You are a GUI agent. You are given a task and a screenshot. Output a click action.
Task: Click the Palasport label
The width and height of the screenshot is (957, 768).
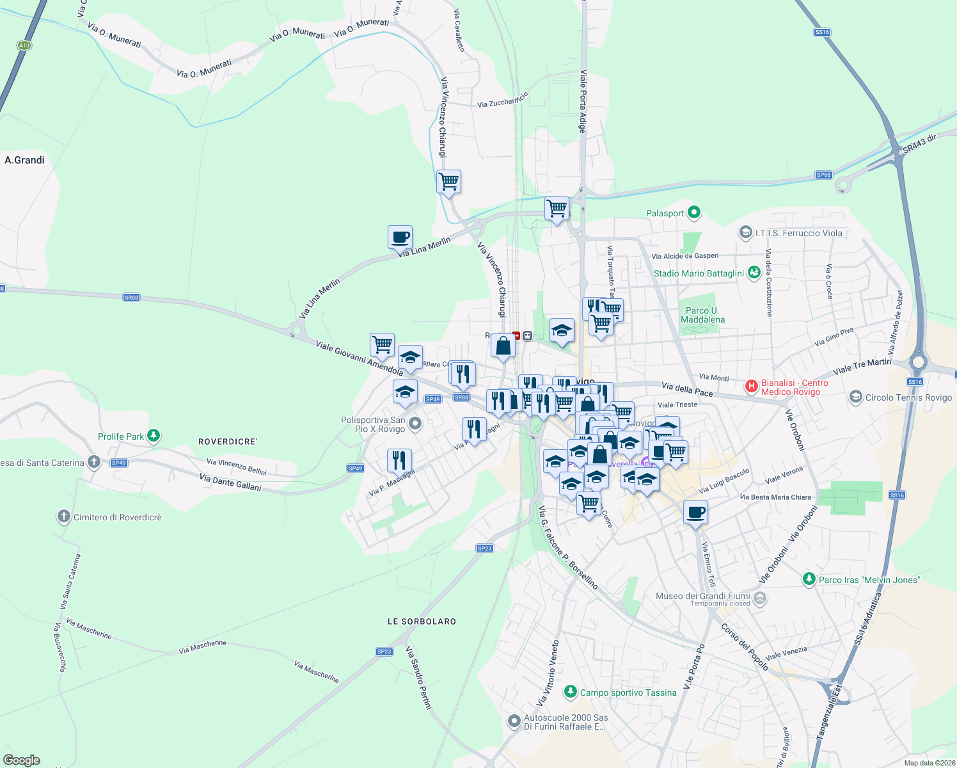click(x=665, y=213)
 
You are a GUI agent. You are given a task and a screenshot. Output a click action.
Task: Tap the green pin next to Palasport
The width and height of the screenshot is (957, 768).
click(x=695, y=212)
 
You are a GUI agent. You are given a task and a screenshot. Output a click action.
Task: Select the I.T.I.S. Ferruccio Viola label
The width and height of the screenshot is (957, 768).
click(x=798, y=233)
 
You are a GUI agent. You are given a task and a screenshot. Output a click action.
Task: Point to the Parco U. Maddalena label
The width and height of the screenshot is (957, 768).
click(x=702, y=315)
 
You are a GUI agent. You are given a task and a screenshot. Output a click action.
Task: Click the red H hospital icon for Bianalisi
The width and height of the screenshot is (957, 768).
click(x=752, y=386)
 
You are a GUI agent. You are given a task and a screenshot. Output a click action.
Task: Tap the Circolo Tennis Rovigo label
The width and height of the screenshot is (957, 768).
click(x=908, y=397)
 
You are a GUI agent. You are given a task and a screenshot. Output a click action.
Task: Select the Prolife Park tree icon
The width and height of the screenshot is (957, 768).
click(x=153, y=436)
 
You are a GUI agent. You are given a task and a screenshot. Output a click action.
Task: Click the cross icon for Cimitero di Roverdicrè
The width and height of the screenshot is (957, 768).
click(x=63, y=516)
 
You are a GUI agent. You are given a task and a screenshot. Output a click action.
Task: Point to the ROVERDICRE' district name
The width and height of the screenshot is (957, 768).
click(x=228, y=442)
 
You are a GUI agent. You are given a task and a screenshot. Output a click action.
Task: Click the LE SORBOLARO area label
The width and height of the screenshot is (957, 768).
click(x=422, y=621)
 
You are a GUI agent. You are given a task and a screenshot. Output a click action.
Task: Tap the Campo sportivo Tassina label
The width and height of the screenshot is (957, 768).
click(x=628, y=692)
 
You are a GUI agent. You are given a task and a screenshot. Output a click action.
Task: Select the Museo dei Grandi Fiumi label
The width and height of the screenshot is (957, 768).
click(x=702, y=596)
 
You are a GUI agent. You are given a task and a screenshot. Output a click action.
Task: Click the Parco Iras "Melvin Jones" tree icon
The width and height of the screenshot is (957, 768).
click(x=809, y=579)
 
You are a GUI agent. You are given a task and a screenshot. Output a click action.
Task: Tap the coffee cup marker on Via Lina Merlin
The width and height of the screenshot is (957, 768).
click(x=400, y=237)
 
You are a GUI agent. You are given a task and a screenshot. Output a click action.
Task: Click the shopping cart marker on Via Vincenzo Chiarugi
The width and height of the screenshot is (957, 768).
click(x=448, y=182)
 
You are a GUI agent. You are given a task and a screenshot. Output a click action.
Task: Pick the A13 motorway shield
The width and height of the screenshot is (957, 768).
click(x=24, y=45)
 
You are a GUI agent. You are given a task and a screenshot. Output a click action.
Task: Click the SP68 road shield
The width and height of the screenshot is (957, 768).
click(x=824, y=175)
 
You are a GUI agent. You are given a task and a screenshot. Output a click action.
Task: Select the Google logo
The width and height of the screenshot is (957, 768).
click(x=22, y=760)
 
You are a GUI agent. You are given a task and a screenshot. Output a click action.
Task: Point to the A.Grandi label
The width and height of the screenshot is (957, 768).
click(x=24, y=160)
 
